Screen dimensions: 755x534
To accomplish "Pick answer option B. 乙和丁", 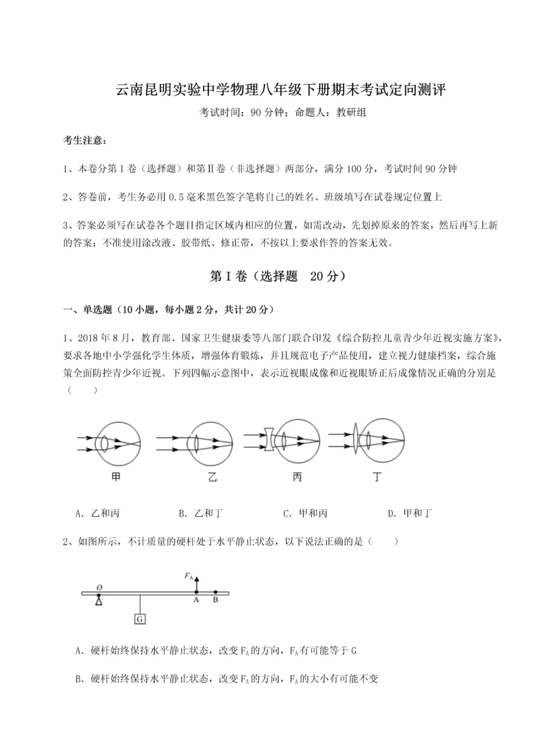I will click(x=200, y=513).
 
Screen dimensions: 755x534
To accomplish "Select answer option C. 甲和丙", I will click(x=305, y=513).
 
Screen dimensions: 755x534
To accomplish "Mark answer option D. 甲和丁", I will click(x=410, y=513).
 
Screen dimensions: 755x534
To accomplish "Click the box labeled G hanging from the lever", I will click(x=140, y=619).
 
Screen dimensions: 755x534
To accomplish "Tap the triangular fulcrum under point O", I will click(x=99, y=601).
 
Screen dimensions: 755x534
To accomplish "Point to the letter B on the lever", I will click(x=215, y=600).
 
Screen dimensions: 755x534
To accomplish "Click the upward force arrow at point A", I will click(x=196, y=583).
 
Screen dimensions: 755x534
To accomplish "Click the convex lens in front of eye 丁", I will click(x=355, y=439).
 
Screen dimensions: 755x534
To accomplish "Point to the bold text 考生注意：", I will click(x=83, y=140).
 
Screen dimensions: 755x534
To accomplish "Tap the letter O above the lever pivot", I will click(x=99, y=587).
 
